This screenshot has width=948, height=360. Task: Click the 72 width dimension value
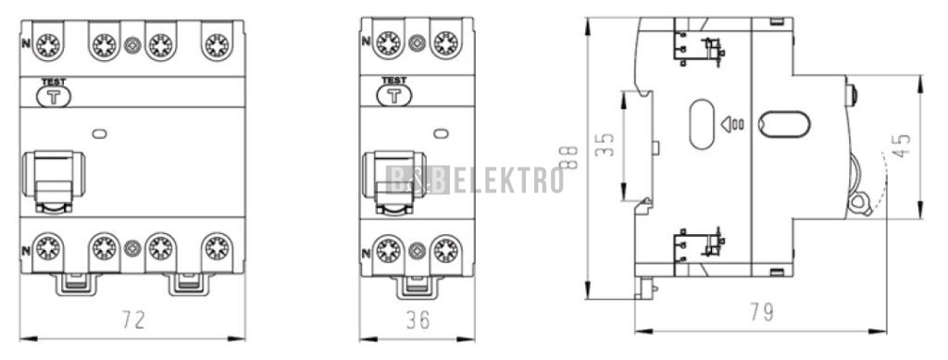tap(133, 319)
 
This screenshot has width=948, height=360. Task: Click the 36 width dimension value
tap(418, 319)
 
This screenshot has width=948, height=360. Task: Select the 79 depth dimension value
tap(762, 312)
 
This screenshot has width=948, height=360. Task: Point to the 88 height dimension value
tap(570, 157)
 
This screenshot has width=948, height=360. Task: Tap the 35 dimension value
tap(605, 144)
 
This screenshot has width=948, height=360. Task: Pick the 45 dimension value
tap(902, 145)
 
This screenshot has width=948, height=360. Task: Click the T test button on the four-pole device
tap(54, 96)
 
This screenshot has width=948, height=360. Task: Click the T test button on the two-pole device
tap(394, 95)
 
